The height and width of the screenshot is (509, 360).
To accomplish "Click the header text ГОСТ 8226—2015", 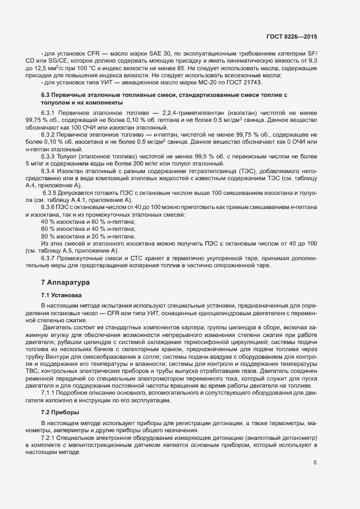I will [x=291, y=36].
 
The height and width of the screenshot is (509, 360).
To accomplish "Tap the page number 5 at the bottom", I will [x=315, y=463].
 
